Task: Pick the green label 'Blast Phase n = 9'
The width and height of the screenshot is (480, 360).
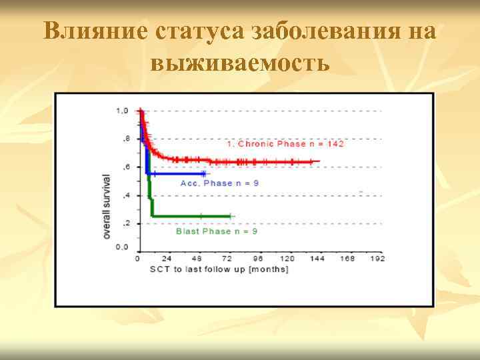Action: click(x=217, y=231)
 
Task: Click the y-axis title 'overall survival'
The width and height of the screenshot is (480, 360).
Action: click(x=107, y=207)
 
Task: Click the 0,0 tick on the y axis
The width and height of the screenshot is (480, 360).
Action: click(x=123, y=247)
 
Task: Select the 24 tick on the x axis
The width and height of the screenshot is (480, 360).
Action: click(x=167, y=259)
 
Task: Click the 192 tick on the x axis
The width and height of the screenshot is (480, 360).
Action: click(x=377, y=259)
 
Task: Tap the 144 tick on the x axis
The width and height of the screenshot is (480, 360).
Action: click(x=317, y=259)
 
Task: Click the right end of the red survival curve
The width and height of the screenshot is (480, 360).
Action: click(x=319, y=161)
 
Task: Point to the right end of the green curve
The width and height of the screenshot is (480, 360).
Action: click(x=230, y=216)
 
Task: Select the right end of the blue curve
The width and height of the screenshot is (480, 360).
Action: click(x=206, y=173)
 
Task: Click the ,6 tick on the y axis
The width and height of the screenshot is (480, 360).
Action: click(x=125, y=167)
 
